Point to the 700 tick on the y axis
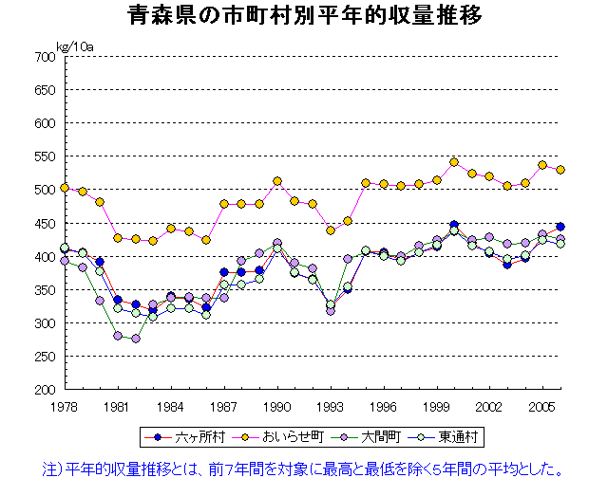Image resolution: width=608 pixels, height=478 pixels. (x=45, y=57)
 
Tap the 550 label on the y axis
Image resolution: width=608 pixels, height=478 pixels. (x=45, y=156)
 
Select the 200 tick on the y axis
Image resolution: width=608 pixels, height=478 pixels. (x=45, y=390)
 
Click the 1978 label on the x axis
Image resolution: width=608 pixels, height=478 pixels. (x=64, y=406)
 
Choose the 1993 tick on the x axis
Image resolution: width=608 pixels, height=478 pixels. (x=330, y=406)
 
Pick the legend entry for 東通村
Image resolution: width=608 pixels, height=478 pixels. (x=456, y=438)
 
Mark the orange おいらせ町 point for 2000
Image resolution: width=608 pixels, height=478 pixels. (x=454, y=162)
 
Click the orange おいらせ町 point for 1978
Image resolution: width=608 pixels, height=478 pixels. (x=64, y=188)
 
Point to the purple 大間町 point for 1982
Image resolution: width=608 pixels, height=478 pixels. (x=135, y=339)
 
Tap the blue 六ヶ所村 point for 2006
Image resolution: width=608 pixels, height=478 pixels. (x=560, y=227)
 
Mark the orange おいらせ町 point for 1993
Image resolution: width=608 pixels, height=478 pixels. (x=330, y=230)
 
